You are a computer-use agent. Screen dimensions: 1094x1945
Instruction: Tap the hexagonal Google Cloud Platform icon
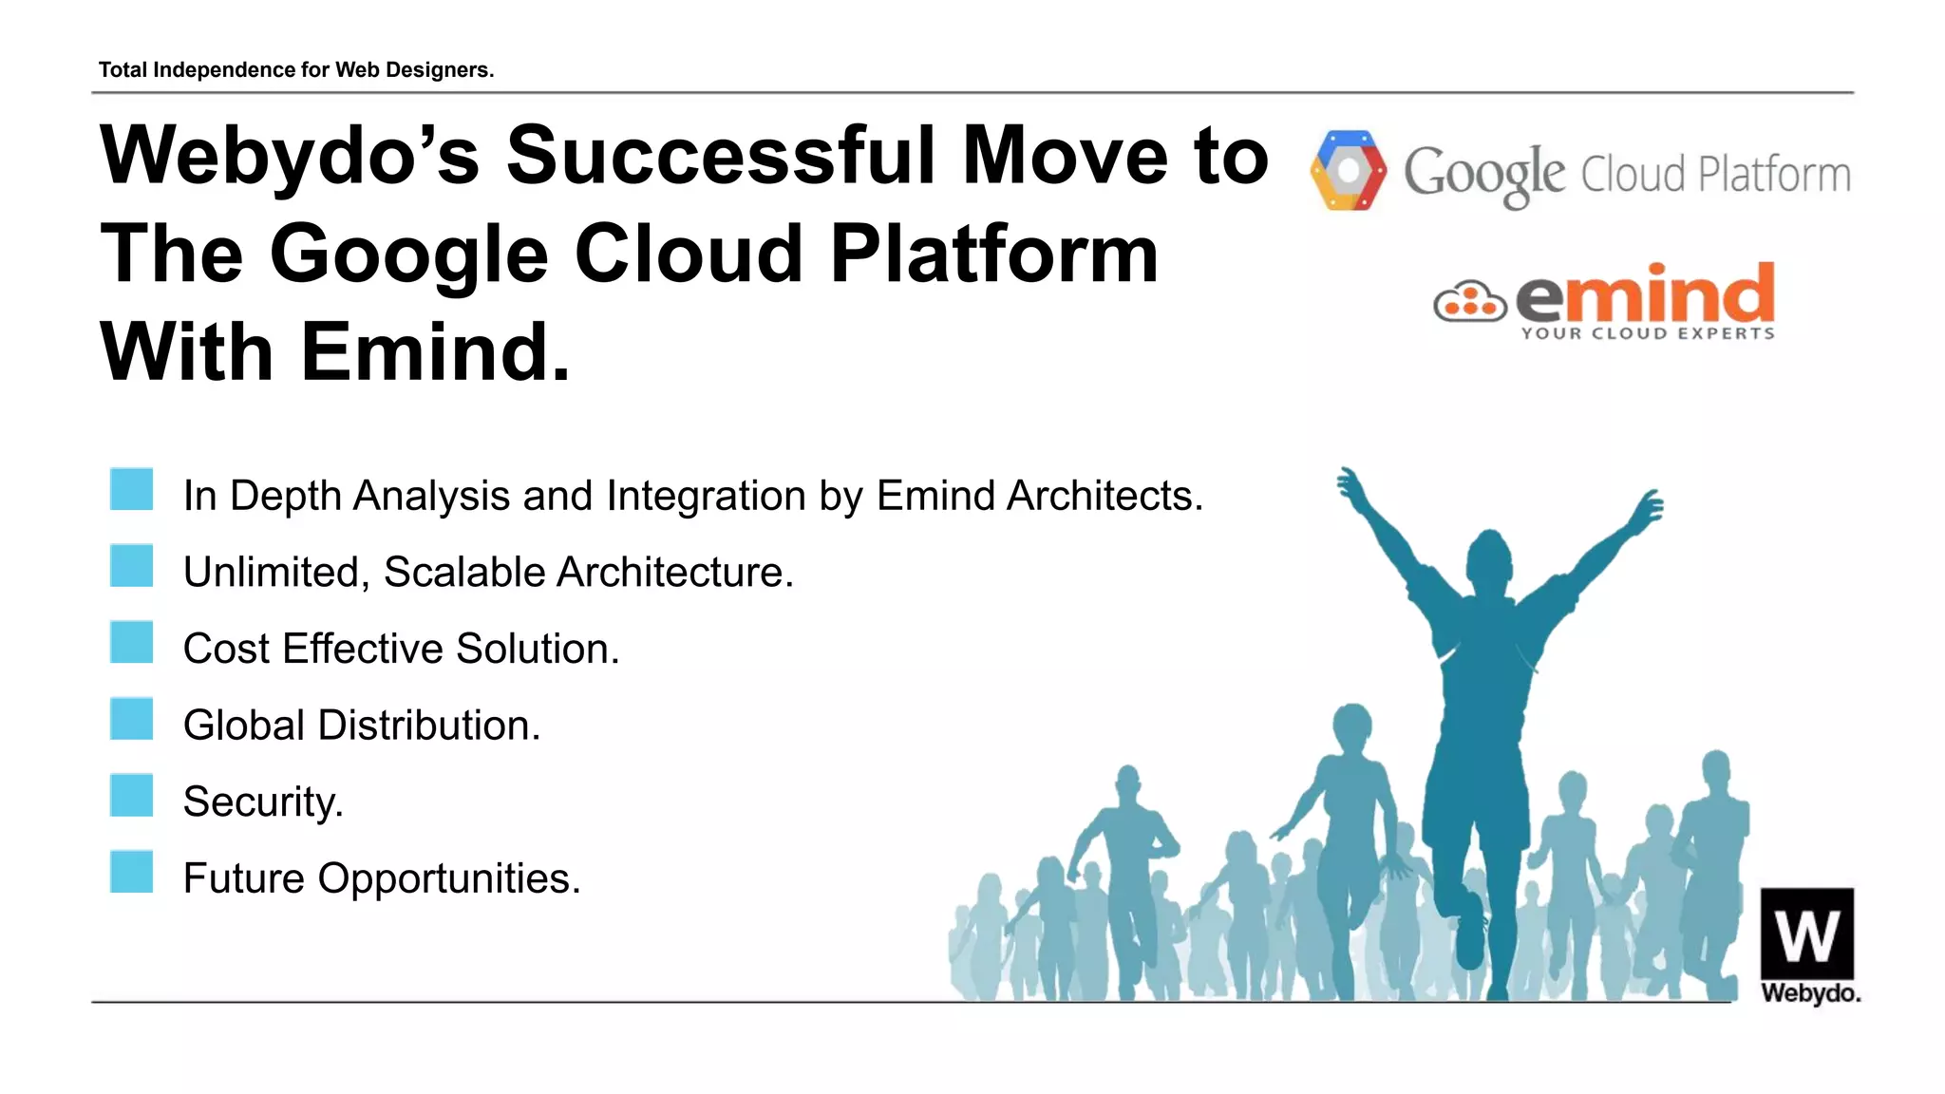pos(1347,171)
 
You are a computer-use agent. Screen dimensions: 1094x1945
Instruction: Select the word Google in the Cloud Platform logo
pos(1483,174)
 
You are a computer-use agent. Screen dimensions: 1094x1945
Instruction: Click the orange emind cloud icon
pos(1469,302)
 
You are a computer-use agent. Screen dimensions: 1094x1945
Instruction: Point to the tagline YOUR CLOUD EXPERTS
pos(1647,333)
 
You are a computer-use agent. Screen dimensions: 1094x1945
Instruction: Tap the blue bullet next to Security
pos(131,796)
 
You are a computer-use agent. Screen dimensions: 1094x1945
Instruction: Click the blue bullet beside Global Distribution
pos(131,719)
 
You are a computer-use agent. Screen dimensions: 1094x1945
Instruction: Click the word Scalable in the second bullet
pos(464,573)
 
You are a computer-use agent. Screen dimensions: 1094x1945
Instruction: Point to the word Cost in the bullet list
pos(226,650)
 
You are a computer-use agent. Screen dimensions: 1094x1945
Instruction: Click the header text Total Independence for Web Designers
pos(296,70)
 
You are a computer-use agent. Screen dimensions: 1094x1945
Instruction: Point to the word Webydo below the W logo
pos(1810,993)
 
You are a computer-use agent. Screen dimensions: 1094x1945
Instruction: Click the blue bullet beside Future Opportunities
pos(131,872)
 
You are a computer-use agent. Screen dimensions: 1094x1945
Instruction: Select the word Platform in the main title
pos(993,255)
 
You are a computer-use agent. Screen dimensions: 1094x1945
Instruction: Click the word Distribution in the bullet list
pos(428,726)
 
